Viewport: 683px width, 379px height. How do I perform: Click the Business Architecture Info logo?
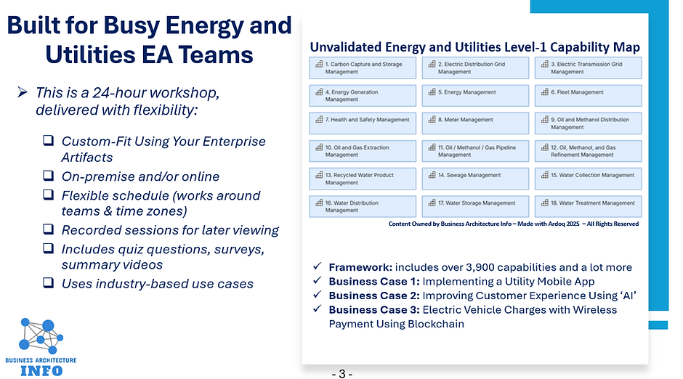click(41, 344)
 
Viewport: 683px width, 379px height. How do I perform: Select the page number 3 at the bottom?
click(341, 374)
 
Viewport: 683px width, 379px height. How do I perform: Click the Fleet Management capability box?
click(587, 93)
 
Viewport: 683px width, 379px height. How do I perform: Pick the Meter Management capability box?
click(475, 121)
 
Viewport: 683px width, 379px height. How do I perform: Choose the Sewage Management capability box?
click(475, 176)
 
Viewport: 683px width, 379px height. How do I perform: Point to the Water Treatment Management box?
click(587, 203)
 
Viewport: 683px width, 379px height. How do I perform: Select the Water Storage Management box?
click(475, 203)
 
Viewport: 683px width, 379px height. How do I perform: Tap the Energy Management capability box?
click(475, 93)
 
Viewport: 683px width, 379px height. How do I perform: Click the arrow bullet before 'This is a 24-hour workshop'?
click(22, 93)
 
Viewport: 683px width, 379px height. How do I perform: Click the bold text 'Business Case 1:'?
click(373, 281)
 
